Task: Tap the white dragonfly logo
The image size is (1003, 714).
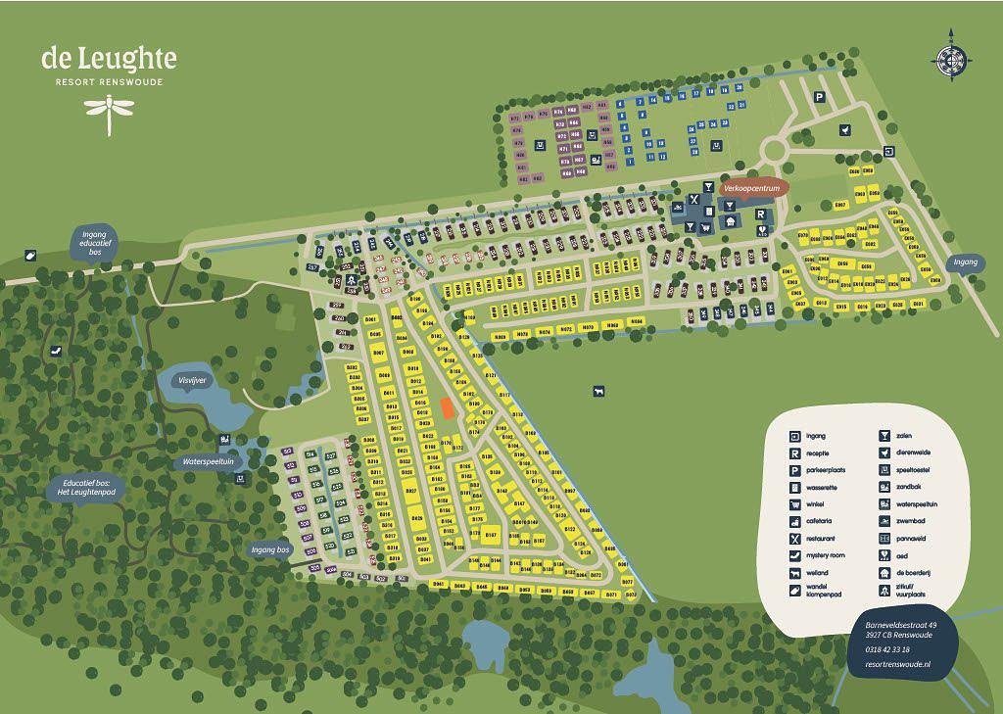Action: click(x=108, y=116)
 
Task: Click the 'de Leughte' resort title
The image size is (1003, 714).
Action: click(x=109, y=59)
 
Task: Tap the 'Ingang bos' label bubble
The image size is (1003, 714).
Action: click(x=270, y=549)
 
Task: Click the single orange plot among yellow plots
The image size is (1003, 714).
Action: click(x=446, y=408)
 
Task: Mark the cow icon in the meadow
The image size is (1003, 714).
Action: click(x=597, y=392)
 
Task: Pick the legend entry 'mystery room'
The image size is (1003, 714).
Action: click(x=823, y=555)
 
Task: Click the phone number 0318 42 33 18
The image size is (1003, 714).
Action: click(x=887, y=649)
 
